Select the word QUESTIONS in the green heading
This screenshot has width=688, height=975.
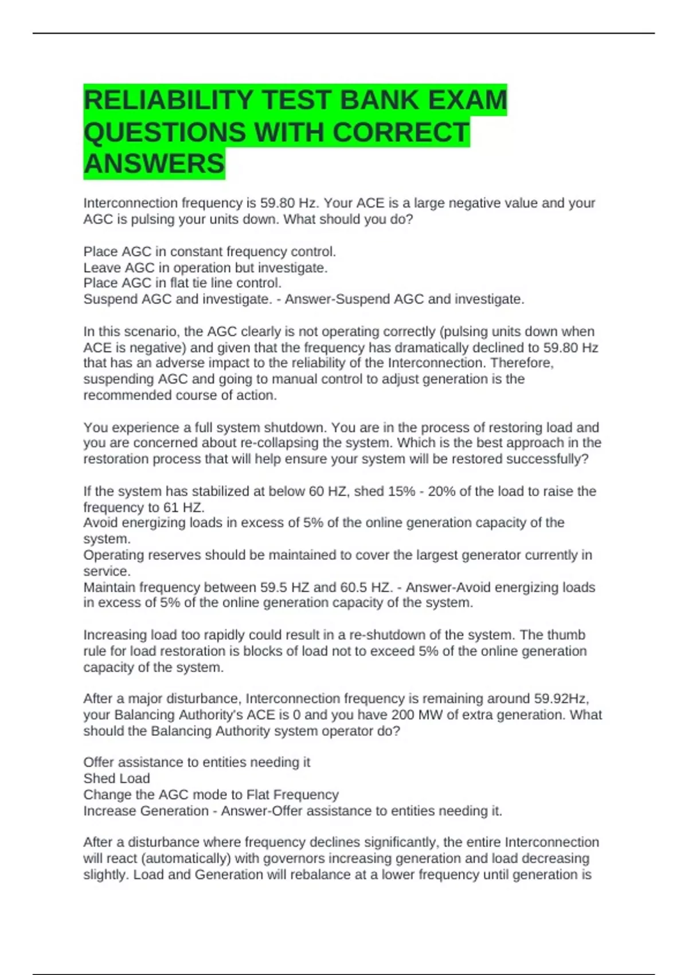pos(165,132)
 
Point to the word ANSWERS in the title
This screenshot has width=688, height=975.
pos(154,164)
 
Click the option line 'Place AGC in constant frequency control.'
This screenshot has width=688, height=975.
pos(209,252)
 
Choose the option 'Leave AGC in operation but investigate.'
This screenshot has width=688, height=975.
pos(205,268)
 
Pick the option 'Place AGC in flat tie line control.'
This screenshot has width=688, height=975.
pos(182,283)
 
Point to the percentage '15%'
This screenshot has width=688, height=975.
pos(401,492)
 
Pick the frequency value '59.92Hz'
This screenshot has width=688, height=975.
pos(560,699)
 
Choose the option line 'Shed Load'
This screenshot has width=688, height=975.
pos(116,779)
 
